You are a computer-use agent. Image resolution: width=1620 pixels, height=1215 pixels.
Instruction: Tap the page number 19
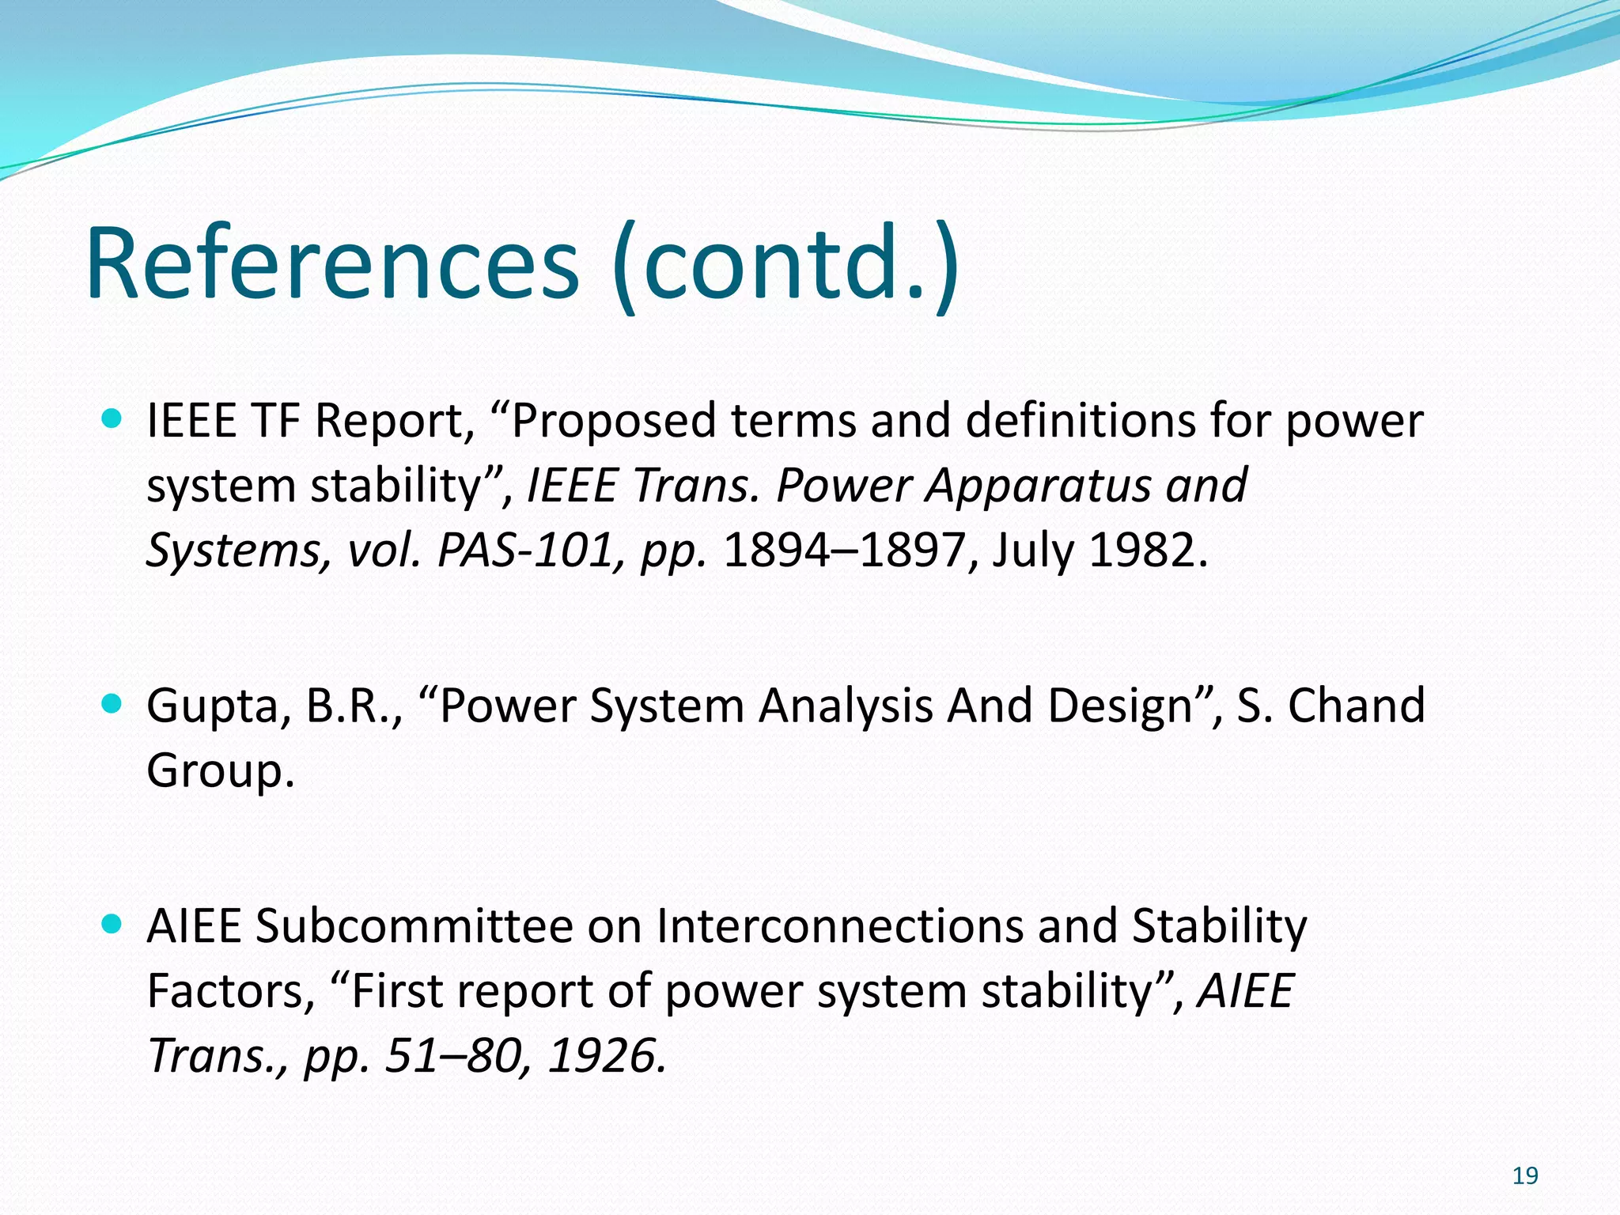[1524, 1176]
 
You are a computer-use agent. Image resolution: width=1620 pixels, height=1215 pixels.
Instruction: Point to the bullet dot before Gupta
[112, 703]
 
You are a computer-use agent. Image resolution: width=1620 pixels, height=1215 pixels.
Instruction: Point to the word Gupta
[211, 706]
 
